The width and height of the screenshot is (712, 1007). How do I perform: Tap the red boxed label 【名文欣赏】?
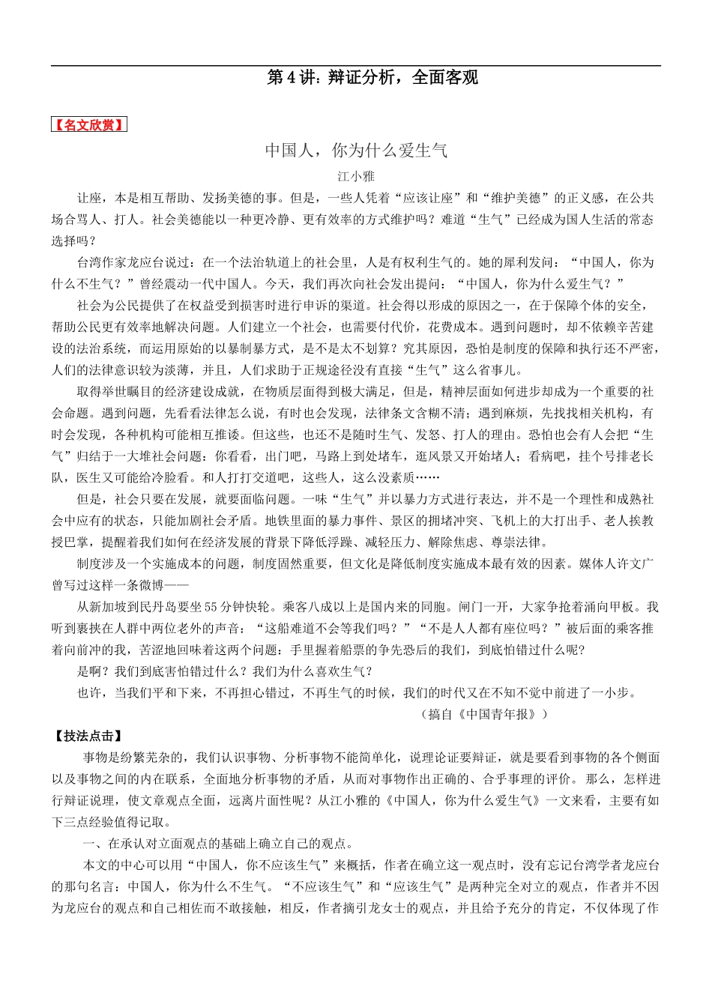tap(89, 125)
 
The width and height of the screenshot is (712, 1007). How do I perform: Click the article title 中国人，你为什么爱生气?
tap(356, 151)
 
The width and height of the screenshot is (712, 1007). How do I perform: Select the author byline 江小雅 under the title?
tap(355, 177)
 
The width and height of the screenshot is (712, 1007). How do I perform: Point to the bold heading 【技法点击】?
tap(88, 737)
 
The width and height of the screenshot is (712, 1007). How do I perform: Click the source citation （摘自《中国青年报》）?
tap(488, 714)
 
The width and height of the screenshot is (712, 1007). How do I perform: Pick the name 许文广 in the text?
tap(626, 564)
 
